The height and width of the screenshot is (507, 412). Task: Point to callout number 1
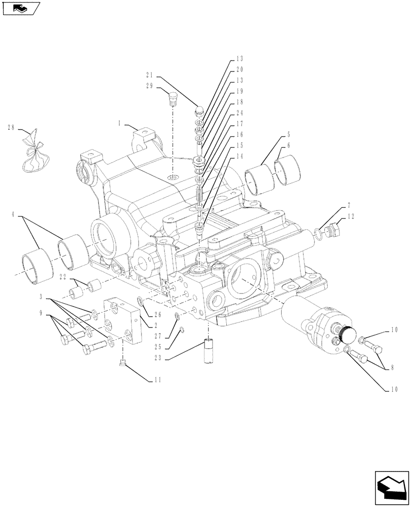point(120,123)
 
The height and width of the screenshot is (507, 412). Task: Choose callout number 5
point(289,135)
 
